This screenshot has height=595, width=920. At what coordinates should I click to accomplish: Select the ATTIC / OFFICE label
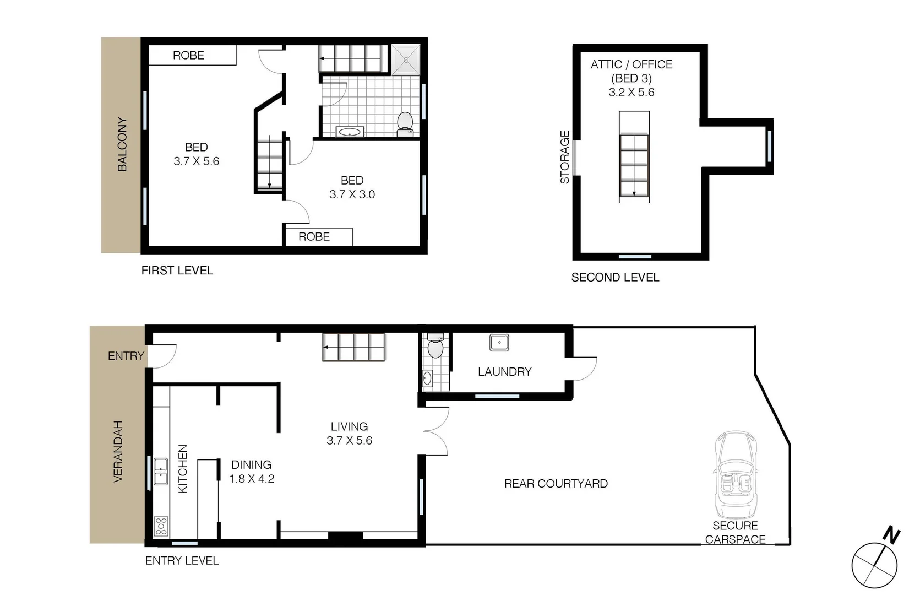(631, 64)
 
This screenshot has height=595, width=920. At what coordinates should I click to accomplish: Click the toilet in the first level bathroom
(405, 123)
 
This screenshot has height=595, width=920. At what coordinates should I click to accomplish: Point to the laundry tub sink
(499, 343)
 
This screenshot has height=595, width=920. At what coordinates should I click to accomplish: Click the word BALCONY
(122, 144)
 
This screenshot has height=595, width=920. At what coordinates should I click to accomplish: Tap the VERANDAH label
(118, 452)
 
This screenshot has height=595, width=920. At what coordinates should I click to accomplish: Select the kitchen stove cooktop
(161, 526)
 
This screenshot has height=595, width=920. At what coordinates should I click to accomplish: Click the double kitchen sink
(161, 472)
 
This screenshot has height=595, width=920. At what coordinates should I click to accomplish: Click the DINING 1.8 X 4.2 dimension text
(252, 479)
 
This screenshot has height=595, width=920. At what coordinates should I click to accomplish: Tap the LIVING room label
(349, 426)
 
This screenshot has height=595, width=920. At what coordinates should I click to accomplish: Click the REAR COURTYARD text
(556, 484)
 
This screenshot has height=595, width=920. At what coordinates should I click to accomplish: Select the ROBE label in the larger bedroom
(188, 55)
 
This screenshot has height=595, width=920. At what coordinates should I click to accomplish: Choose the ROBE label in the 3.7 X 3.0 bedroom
(314, 237)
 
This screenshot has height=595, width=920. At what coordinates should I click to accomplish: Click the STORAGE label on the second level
(565, 157)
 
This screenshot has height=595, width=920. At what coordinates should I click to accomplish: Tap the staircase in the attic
(634, 165)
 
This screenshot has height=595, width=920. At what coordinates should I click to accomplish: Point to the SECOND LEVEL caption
(615, 278)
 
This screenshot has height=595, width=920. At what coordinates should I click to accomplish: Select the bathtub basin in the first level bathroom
(350, 132)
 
